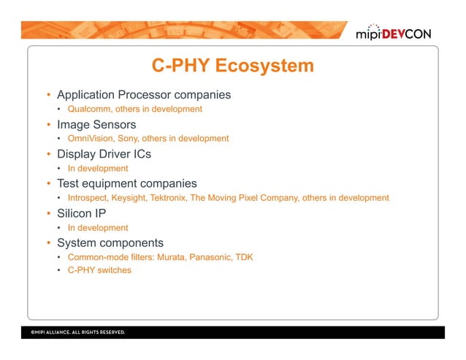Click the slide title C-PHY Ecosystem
click(x=232, y=66)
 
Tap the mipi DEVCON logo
click(x=398, y=34)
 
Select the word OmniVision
click(x=90, y=139)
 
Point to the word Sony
click(x=129, y=139)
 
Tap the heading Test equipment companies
click(x=127, y=183)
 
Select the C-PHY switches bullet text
click(x=99, y=271)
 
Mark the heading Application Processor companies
click(x=144, y=95)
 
